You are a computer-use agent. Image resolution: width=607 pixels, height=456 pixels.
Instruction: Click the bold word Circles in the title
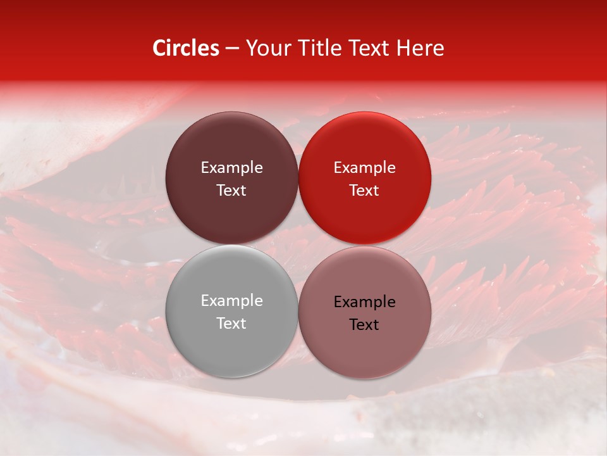click(186, 48)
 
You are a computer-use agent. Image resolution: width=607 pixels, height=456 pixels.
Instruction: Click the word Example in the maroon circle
click(231, 168)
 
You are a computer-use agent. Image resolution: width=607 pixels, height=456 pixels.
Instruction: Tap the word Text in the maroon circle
click(231, 190)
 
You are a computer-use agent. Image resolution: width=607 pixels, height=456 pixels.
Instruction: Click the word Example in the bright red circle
click(364, 168)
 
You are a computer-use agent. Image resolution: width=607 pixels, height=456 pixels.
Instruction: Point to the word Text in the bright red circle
click(364, 190)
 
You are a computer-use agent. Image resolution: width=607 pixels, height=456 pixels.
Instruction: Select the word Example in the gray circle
click(231, 301)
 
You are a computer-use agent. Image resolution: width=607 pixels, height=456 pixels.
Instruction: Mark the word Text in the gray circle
click(231, 323)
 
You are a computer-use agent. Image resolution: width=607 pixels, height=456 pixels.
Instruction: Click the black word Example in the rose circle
click(364, 302)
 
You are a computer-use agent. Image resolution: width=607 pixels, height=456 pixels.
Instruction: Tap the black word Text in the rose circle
click(364, 324)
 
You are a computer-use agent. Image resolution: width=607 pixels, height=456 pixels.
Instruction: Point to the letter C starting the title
click(159, 48)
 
